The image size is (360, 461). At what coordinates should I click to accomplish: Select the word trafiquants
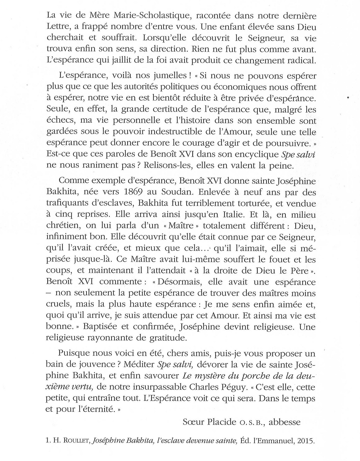64,203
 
